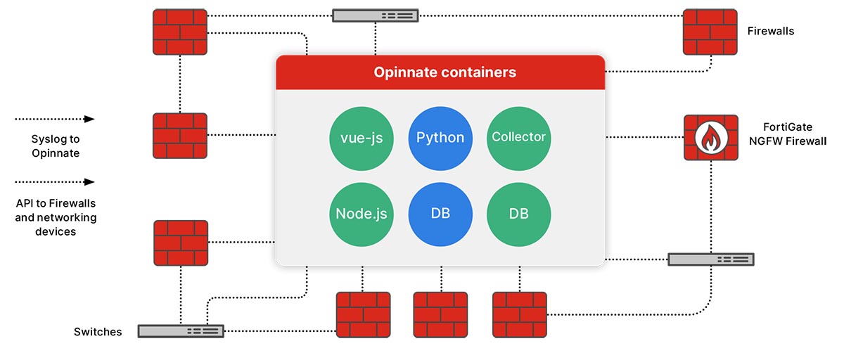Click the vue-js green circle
362,138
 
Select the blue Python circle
440,138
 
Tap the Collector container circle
518,138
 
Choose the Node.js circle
362,214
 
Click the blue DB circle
440,214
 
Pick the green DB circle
518,214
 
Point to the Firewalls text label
771,31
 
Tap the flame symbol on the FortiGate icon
711,138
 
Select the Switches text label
98,331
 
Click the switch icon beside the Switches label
181,330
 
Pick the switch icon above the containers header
376,15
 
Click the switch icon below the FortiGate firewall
710,259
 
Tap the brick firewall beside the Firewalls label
711,32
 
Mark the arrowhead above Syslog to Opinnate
89,119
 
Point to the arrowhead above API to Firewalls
89,181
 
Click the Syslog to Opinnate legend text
56,146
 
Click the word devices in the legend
56,231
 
